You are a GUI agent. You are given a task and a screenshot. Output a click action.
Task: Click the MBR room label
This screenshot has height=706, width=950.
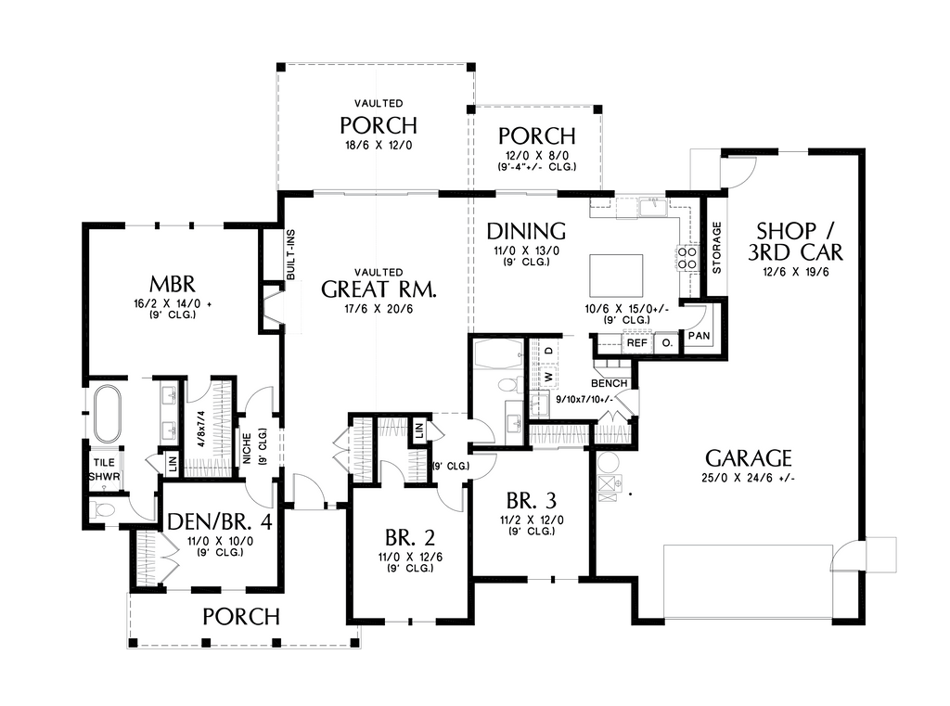(x=173, y=284)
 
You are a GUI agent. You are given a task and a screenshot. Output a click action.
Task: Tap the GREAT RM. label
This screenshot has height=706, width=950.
(x=379, y=289)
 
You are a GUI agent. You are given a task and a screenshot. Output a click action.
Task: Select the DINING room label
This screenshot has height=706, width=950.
(x=526, y=231)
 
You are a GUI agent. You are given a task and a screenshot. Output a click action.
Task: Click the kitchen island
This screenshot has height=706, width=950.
(x=617, y=275)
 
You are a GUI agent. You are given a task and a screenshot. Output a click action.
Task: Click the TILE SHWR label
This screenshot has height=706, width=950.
(x=104, y=469)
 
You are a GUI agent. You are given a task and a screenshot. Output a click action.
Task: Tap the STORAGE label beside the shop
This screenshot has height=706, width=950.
(x=717, y=248)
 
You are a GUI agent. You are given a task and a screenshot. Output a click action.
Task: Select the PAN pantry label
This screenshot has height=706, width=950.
(x=699, y=336)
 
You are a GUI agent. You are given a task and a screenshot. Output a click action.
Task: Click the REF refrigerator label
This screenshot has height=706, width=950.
(x=636, y=343)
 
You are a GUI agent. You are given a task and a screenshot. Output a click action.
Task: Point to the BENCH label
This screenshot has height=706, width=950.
(x=609, y=383)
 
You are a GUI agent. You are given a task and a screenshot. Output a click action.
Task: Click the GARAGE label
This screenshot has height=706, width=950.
(x=749, y=457)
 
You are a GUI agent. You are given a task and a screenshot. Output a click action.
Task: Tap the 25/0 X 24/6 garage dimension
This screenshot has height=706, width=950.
(x=749, y=478)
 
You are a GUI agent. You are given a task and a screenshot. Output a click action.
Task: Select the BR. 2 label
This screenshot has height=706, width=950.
(x=410, y=537)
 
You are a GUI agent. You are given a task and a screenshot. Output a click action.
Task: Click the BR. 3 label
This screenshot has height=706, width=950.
(x=532, y=501)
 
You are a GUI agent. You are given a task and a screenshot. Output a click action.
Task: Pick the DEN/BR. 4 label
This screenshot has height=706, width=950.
(x=219, y=521)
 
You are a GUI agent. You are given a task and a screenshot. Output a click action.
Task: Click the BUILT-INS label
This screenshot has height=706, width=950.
(x=290, y=254)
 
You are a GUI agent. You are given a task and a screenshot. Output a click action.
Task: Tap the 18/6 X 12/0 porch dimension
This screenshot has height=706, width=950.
(x=379, y=146)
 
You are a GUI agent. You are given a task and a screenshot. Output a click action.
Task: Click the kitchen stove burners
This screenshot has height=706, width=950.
(x=687, y=256)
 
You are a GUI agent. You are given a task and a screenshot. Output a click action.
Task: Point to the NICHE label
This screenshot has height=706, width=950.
(x=247, y=449)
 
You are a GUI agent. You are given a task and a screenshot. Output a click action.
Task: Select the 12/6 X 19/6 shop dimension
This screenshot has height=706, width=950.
(x=795, y=272)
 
